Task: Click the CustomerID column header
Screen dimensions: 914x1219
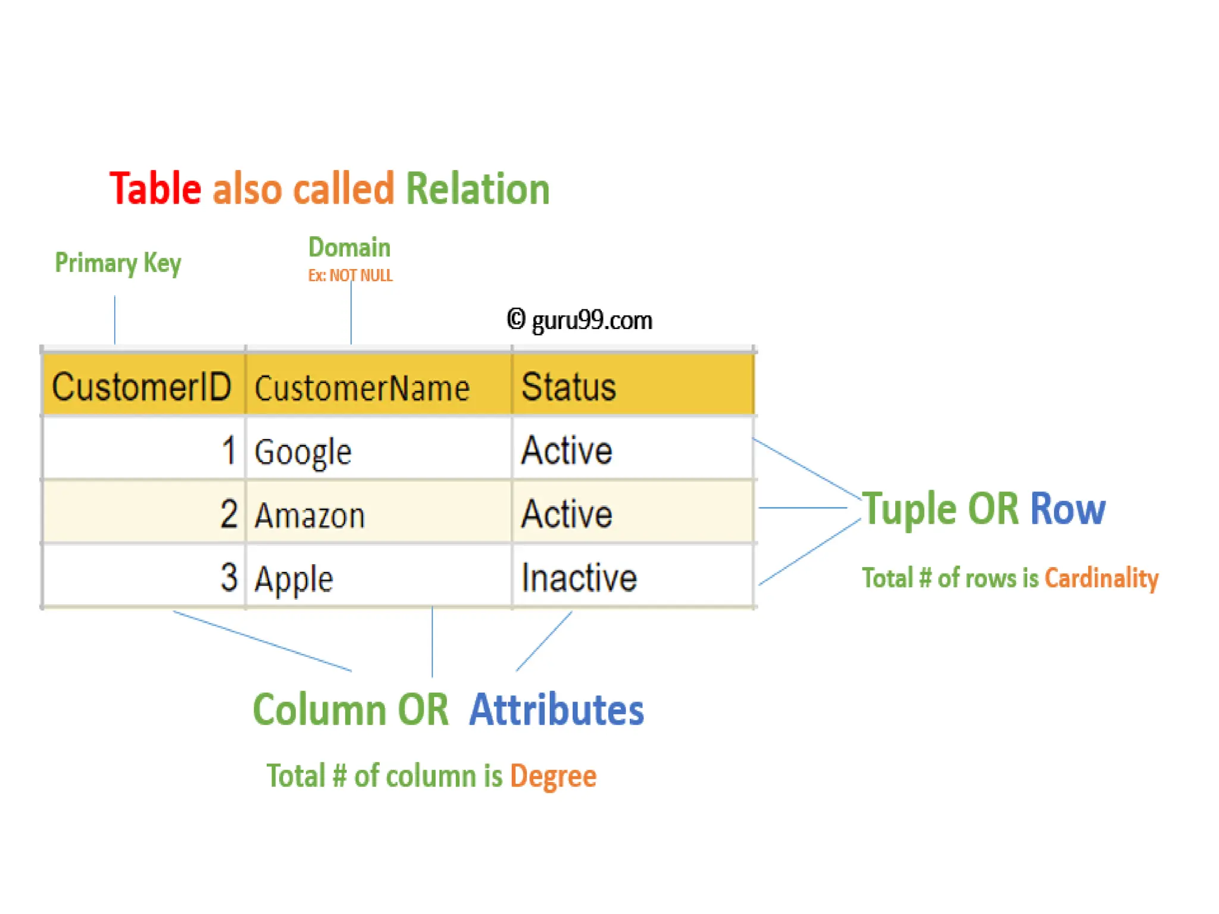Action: (142, 387)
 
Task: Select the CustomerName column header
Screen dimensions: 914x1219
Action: (362, 389)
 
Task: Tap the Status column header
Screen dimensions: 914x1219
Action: (568, 387)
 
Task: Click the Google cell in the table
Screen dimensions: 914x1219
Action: (303, 452)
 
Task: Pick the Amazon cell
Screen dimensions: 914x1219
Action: (310, 515)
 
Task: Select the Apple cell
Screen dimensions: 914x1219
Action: (293, 578)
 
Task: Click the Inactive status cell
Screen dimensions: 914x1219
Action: (579, 578)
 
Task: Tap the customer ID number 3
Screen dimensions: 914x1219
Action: (229, 577)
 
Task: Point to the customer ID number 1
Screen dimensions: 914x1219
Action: (229, 450)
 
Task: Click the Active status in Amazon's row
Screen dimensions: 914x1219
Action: (567, 514)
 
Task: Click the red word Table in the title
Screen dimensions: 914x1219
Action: (155, 189)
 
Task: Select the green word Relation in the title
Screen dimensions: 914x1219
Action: (477, 189)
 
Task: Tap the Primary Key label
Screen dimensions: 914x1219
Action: (118, 263)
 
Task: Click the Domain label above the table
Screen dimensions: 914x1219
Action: (349, 248)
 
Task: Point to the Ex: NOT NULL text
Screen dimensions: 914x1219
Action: (350, 276)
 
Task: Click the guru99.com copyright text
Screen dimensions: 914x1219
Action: (580, 320)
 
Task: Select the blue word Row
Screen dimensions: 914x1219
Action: (1068, 509)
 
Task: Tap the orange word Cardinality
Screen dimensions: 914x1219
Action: (1102, 578)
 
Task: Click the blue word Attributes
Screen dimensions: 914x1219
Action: (557, 710)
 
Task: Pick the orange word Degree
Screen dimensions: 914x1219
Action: (553, 776)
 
